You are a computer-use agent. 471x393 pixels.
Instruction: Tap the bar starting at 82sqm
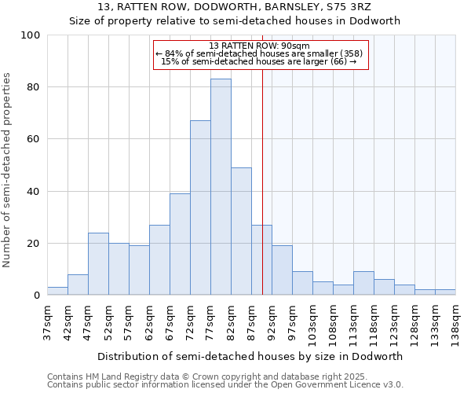point(241,231)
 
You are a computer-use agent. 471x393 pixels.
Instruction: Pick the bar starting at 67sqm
point(180,244)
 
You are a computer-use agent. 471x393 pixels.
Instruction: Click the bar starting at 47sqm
point(98,264)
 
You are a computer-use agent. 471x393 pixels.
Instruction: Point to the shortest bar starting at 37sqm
point(57,291)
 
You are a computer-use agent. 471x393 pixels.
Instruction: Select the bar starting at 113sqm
point(363,283)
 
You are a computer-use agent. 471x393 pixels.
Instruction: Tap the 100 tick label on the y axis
point(31,35)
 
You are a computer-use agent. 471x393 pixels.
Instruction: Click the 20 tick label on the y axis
point(34,244)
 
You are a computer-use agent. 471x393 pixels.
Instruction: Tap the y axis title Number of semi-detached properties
point(8,170)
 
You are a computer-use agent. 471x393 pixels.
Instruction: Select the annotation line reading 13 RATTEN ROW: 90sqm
point(260,46)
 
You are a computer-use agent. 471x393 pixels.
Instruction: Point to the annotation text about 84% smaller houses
point(260,53)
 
